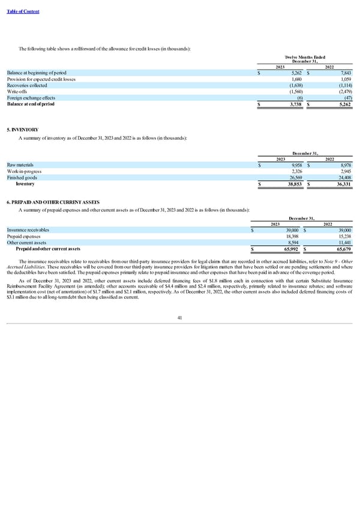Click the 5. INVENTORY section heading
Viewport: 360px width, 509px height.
click(x=22, y=129)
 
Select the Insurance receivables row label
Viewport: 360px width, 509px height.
click(x=28, y=230)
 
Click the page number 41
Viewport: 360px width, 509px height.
click(x=179, y=318)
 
